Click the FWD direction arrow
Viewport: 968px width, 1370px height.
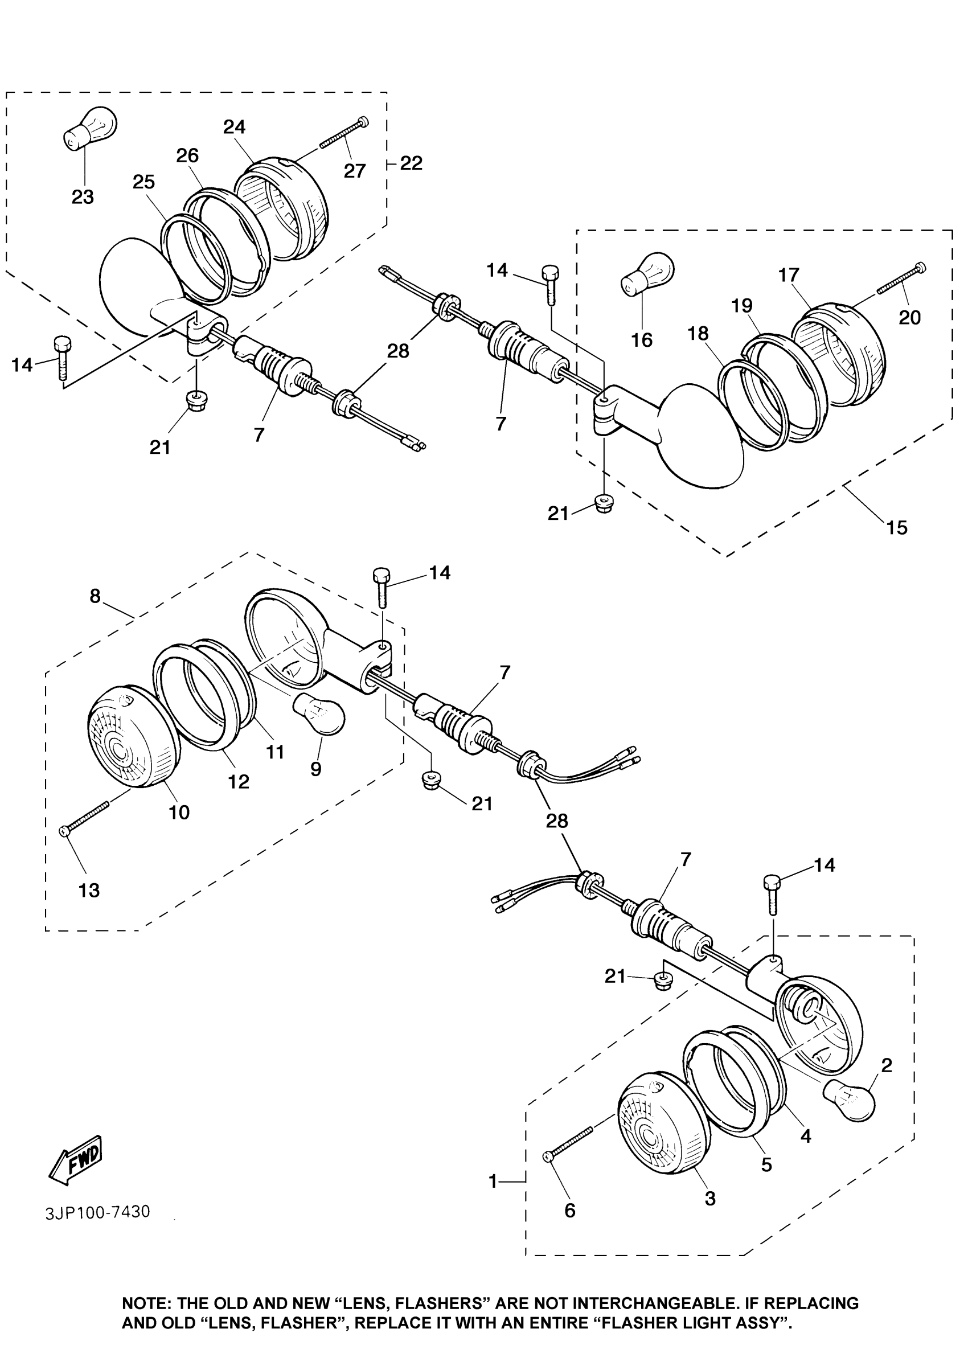[76, 1160]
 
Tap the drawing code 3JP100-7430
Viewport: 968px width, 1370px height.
[98, 1212]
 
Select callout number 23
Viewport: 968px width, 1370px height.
[83, 196]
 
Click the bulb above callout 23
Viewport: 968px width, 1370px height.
[90, 128]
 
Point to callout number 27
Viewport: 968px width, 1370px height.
[355, 171]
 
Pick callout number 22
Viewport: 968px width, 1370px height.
[411, 163]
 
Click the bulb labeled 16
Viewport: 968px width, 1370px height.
[648, 273]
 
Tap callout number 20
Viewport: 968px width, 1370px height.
[909, 317]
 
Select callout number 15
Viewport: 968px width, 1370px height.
[897, 527]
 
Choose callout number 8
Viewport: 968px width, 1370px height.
[95, 596]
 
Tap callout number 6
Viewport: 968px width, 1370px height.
[570, 1210]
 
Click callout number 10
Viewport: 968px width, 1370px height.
[179, 811]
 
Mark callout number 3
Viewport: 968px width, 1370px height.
[710, 1197]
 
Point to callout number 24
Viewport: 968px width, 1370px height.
[235, 126]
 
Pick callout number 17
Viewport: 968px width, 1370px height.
[789, 275]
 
